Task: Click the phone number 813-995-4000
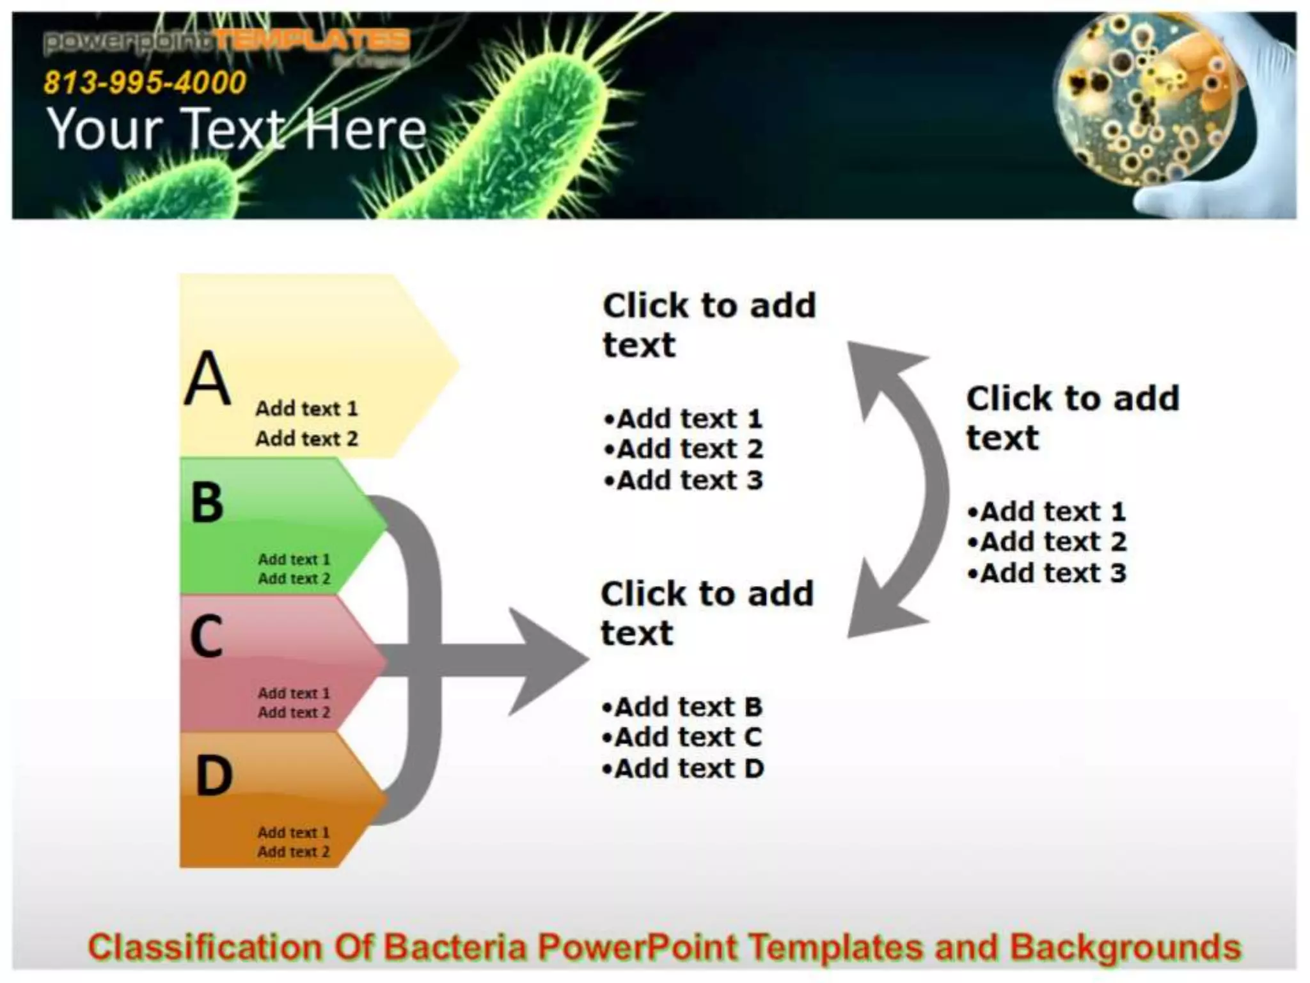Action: (145, 83)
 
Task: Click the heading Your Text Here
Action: (237, 129)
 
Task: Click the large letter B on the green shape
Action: (207, 502)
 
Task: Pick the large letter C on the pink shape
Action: (207, 636)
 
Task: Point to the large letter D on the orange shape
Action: (214, 776)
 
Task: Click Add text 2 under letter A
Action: (306, 439)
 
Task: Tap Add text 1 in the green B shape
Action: (294, 559)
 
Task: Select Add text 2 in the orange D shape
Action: (294, 852)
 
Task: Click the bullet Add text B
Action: (683, 707)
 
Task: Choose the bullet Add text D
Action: (683, 769)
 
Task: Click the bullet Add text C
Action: (682, 738)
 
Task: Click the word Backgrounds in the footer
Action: (1125, 948)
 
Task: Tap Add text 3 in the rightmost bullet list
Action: (1047, 573)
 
